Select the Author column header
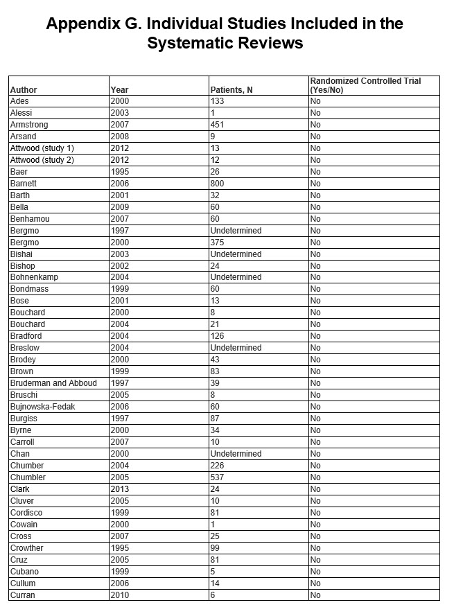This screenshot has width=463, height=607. coord(24,90)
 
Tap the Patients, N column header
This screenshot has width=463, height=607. coord(231,90)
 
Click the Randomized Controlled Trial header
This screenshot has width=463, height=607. coord(365,81)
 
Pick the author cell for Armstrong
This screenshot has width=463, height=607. coord(29,125)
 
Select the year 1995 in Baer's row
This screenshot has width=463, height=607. coord(119,172)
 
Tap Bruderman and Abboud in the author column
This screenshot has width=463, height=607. coord(53,383)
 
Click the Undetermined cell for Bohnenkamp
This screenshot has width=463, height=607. coord(236,277)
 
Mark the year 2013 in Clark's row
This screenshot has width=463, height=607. coord(119,489)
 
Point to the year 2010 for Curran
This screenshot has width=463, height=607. coord(119,595)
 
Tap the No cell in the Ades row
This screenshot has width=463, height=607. coord(315,101)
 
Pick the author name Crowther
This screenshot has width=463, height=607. coord(27,548)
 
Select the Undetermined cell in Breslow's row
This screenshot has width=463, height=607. coord(236,348)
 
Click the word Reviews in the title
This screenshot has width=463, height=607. coord(269,43)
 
